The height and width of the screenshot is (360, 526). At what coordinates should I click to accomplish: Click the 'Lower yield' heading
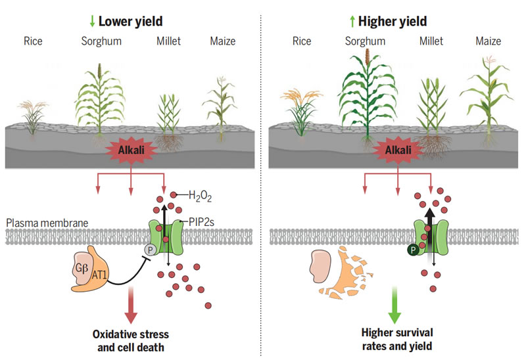click(131, 22)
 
